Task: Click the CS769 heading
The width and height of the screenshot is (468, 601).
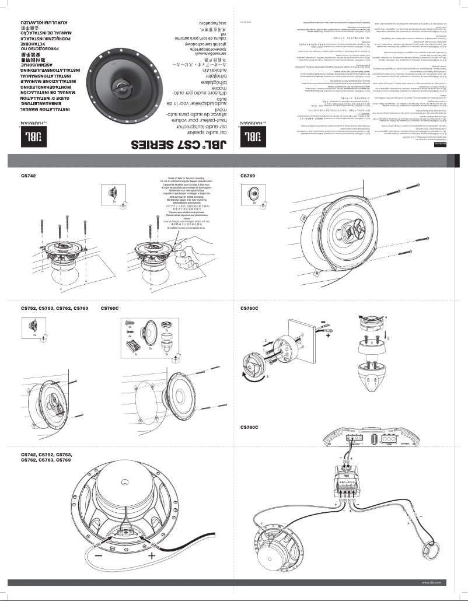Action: (x=248, y=176)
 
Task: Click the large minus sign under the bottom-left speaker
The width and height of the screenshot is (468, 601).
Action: (x=96, y=557)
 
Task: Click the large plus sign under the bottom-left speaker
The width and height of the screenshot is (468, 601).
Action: (x=153, y=556)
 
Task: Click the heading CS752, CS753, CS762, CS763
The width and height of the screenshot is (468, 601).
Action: (x=54, y=308)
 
